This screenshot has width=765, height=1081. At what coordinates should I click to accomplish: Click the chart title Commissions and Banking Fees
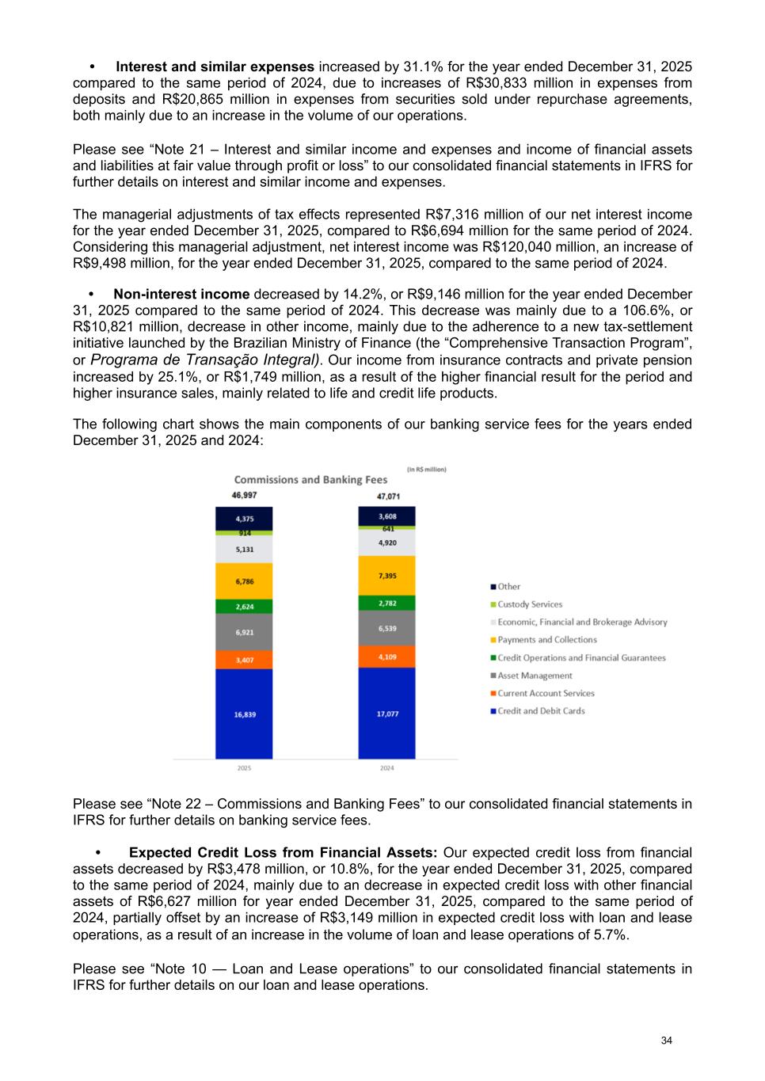click(310, 479)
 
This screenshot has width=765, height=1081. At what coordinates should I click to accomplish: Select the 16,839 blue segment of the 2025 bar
click(244, 714)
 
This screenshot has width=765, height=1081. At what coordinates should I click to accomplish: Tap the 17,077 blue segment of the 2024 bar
click(386, 713)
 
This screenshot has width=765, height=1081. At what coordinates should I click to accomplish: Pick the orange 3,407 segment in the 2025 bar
click(244, 660)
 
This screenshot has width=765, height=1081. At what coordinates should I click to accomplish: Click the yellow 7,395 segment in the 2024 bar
click(386, 576)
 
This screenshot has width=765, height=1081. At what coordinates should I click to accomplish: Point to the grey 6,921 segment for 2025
click(244, 632)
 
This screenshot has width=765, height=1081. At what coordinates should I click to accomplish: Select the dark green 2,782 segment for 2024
click(386, 603)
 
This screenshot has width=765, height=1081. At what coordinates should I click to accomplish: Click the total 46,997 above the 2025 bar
click(244, 495)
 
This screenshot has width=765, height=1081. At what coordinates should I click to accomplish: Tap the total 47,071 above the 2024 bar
click(388, 497)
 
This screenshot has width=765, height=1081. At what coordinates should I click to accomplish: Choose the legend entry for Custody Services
click(530, 604)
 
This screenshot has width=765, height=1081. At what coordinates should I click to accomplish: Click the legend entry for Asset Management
click(535, 676)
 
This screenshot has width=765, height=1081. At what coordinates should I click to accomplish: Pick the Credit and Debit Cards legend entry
click(541, 710)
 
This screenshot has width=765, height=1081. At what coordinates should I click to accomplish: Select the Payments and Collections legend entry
click(547, 640)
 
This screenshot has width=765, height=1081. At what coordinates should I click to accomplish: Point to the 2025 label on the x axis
click(244, 767)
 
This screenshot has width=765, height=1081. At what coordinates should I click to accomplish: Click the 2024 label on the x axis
click(386, 767)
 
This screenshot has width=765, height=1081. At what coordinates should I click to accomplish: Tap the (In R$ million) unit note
click(427, 469)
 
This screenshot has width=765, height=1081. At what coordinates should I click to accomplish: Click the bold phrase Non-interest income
click(181, 294)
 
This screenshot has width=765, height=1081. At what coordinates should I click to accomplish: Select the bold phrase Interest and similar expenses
click(215, 67)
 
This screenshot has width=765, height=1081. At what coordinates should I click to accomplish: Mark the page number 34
click(666, 1040)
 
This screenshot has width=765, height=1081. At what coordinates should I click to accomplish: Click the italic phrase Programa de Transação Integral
click(205, 360)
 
